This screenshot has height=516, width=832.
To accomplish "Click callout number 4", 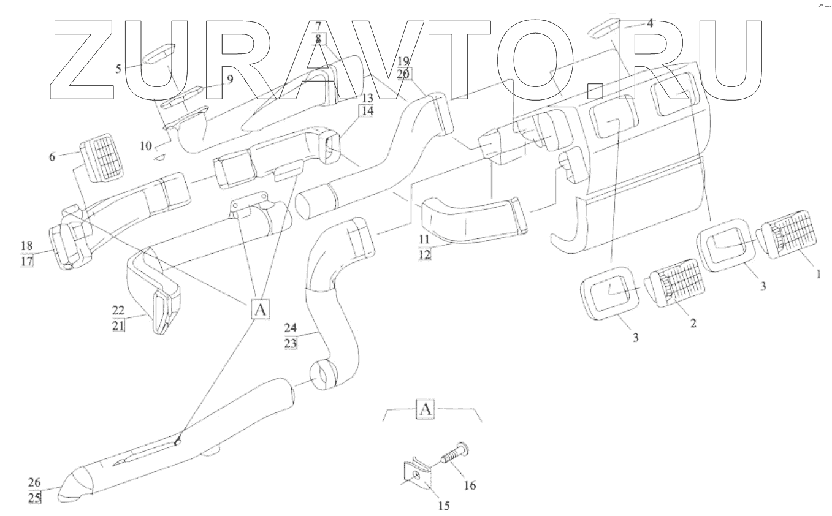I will tap(650, 24).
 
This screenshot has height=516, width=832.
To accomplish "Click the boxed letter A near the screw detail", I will tap(426, 409).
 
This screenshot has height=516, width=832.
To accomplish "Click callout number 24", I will tap(291, 327).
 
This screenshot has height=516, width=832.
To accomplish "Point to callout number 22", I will tap(118, 311).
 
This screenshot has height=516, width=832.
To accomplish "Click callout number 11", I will tap(424, 238).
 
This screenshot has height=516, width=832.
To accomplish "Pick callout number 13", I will tap(367, 98).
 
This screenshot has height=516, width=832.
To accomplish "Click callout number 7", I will tap(318, 26).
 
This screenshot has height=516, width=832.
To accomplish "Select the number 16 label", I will tap(470, 486).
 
